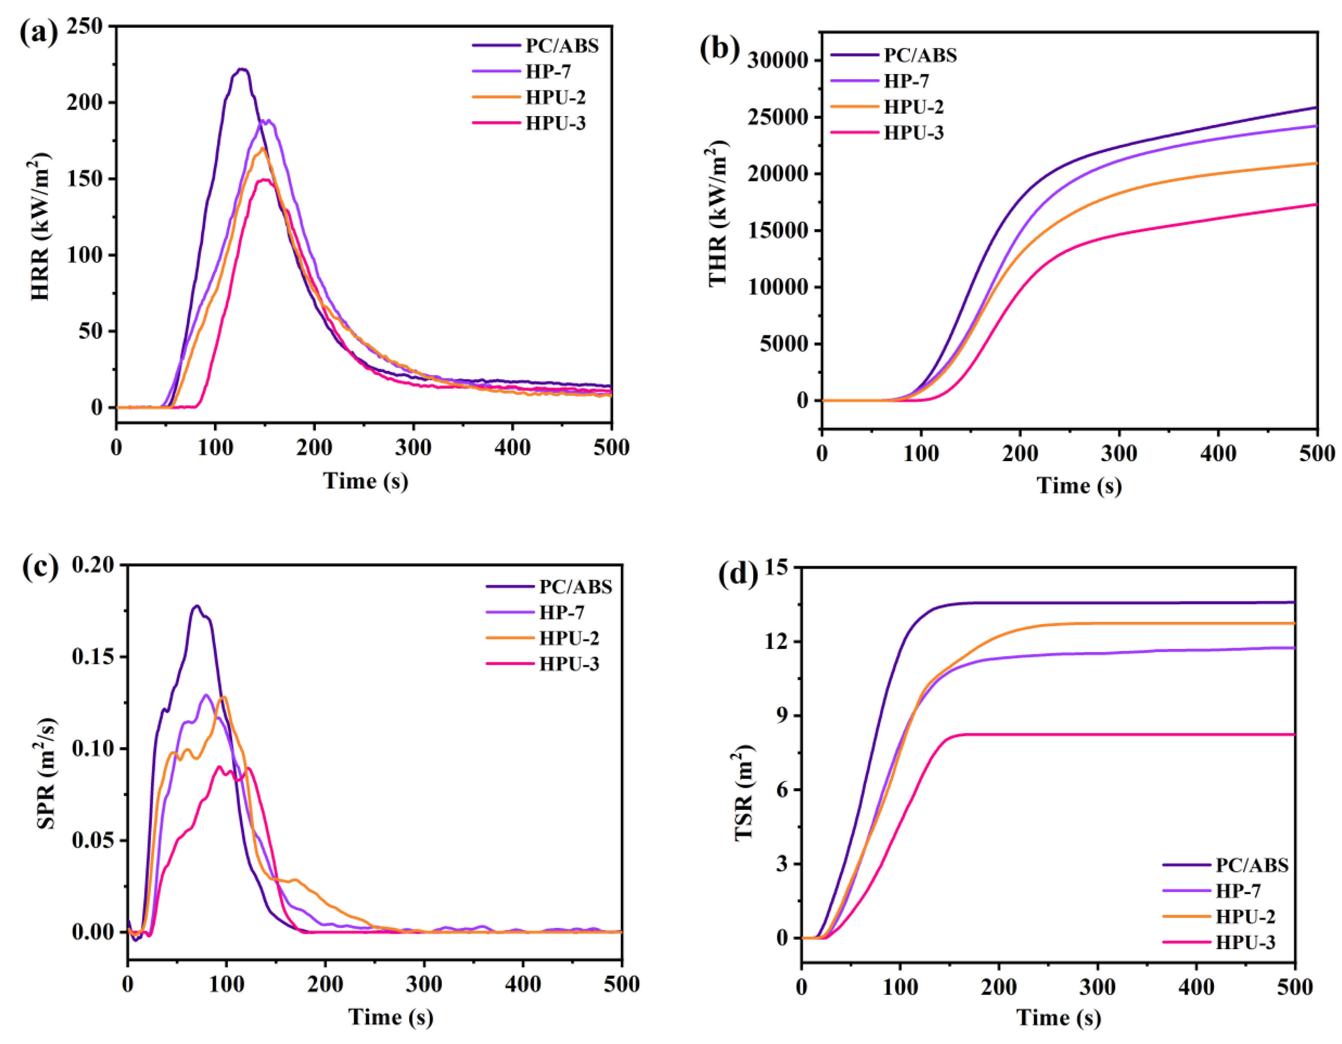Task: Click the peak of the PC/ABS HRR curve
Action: point(242,69)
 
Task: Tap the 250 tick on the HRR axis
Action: point(85,27)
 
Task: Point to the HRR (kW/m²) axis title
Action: point(40,228)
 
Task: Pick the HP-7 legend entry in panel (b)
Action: point(906,81)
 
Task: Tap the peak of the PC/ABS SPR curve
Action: point(197,606)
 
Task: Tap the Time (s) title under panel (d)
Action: point(1058,1017)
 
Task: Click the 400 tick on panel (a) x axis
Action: point(512,447)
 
